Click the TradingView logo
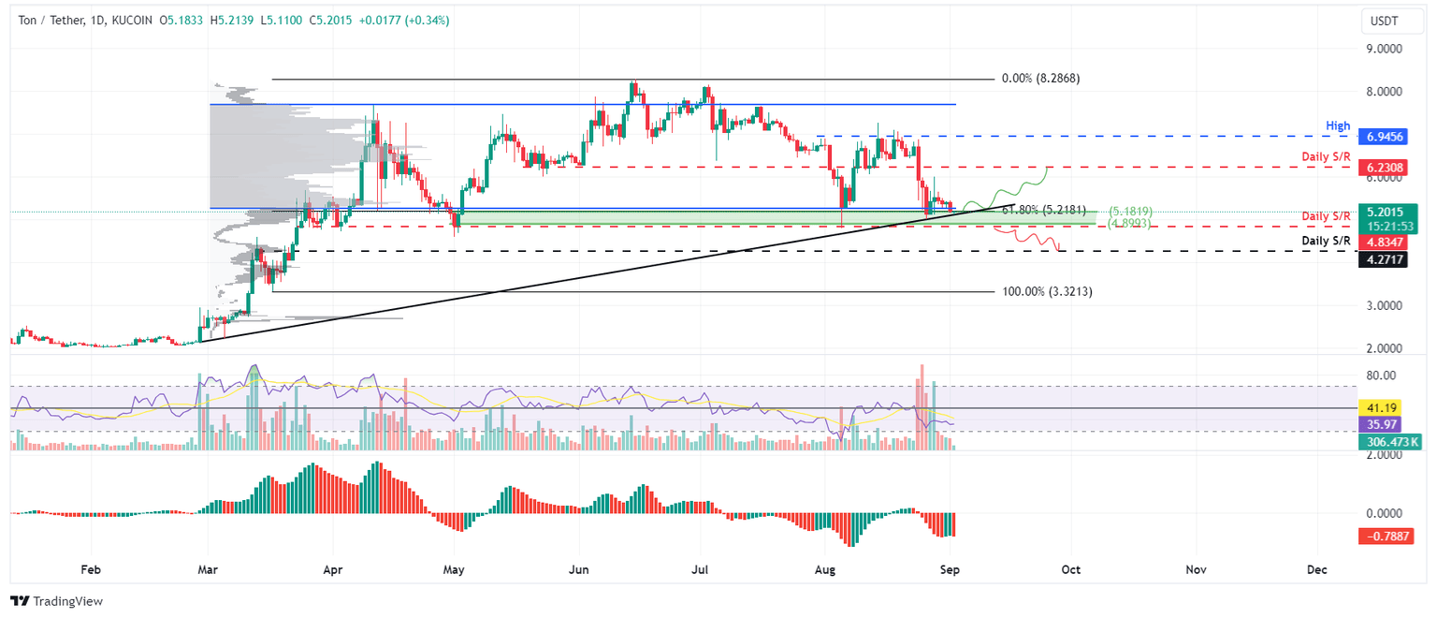57,601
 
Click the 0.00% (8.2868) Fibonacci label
1039,80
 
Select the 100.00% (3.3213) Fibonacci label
1046,292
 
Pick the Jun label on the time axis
578,568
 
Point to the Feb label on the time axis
91,568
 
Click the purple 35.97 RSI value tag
1382,424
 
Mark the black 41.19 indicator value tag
1382,409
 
